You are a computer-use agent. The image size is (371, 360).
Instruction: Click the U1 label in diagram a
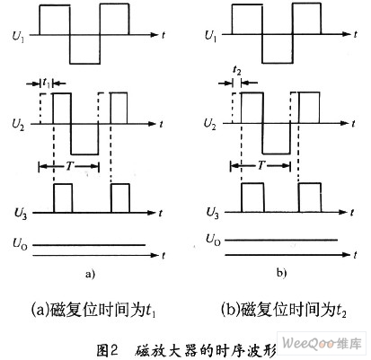coord(18,37)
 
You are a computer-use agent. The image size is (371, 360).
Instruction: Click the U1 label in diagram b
coord(210,36)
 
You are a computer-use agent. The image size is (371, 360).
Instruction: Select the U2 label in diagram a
coord(18,125)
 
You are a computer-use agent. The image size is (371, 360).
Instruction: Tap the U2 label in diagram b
coord(209,124)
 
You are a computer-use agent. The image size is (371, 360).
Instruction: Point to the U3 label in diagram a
coord(21,214)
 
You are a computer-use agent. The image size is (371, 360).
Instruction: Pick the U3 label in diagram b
coord(213,213)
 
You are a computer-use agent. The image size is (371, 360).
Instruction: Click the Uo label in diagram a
coord(20,243)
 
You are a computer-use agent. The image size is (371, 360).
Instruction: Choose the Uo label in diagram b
coord(213,240)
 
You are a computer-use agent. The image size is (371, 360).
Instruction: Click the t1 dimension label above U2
coord(46,83)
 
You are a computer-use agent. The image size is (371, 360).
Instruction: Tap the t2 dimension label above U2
coord(237,71)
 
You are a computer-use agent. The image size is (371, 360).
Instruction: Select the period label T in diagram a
coord(69,166)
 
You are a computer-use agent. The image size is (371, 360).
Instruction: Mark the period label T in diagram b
coord(261,164)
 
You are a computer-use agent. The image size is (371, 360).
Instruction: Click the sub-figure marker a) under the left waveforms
coord(90,274)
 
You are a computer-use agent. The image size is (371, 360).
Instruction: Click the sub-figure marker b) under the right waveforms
coord(281,273)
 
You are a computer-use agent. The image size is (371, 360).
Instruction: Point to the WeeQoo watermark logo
coord(322,343)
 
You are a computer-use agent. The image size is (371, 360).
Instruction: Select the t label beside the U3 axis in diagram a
coord(161,213)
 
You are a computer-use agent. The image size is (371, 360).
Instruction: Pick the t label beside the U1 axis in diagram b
coord(355,34)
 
